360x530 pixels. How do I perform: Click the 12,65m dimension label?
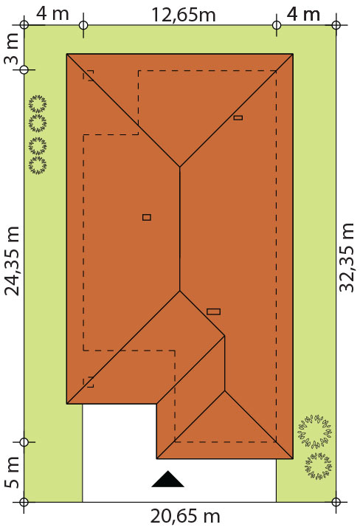click(x=184, y=15)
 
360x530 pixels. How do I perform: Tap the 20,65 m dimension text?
click(x=185, y=517)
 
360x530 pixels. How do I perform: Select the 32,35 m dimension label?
click(x=347, y=258)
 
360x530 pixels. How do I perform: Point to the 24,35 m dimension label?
click(x=13, y=261)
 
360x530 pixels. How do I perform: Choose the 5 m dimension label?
click(x=12, y=472)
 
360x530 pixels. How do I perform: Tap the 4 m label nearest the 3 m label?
click(x=52, y=14)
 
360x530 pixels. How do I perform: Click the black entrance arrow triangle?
click(x=168, y=478)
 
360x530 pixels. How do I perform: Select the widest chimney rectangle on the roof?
click(x=213, y=312)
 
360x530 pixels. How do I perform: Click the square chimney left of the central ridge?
click(x=147, y=217)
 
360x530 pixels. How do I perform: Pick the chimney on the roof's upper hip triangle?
click(x=238, y=117)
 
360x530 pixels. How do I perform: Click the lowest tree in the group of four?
click(x=38, y=165)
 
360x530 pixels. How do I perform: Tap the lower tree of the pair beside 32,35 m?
click(x=318, y=466)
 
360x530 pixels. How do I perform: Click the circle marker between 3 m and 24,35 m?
click(x=24, y=70)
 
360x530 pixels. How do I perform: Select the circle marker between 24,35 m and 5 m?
click(x=24, y=441)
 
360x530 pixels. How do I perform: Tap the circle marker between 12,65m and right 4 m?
click(x=277, y=25)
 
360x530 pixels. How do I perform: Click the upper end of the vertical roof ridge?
click(x=180, y=167)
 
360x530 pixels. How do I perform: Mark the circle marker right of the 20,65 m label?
click(x=336, y=502)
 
